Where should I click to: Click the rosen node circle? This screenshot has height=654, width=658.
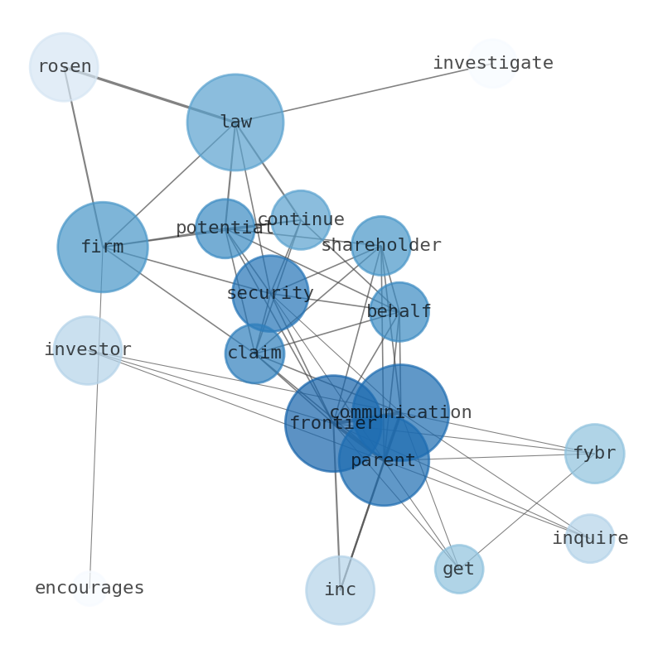click(64, 67)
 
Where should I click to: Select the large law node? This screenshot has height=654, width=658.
click(235, 123)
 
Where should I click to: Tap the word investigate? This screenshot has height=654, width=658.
click(493, 63)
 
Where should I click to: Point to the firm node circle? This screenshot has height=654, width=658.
click(103, 247)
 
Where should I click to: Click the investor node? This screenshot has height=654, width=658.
click(88, 350)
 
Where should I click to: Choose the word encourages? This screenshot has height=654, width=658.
click(90, 588)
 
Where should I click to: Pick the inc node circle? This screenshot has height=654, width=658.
click(341, 590)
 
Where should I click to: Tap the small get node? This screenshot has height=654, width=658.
click(459, 569)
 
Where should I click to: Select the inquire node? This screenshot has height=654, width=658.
click(590, 538)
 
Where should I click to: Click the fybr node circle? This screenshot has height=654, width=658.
click(595, 453)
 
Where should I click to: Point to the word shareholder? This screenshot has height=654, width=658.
click(381, 245)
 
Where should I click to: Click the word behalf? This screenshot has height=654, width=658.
click(399, 311)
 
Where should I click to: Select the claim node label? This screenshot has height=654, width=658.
click(254, 353)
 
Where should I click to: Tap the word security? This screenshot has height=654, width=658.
click(270, 293)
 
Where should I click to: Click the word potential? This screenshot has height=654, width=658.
click(225, 228)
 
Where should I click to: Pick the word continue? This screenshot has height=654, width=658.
click(301, 219)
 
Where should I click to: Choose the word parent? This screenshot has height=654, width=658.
click(383, 461)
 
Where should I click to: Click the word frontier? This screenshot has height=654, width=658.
click(334, 423)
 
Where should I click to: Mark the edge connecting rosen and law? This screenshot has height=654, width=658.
click(150, 94)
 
